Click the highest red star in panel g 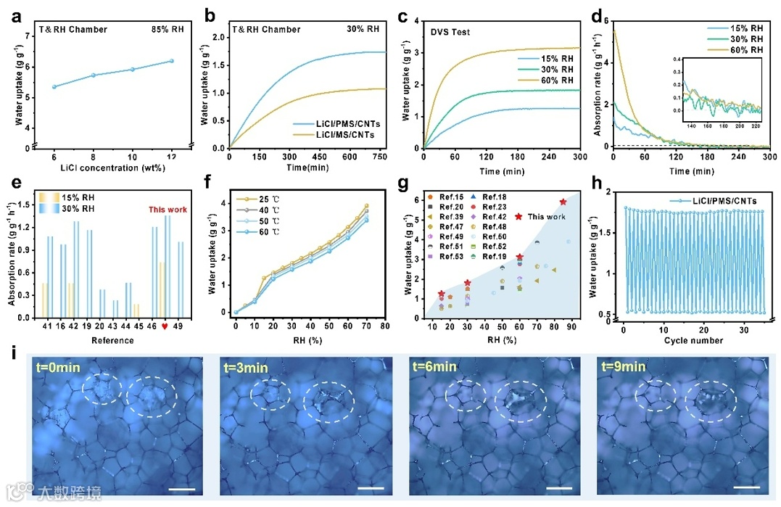coord(563,202)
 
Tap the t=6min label coord(434,368)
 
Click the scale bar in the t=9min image coord(750,487)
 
